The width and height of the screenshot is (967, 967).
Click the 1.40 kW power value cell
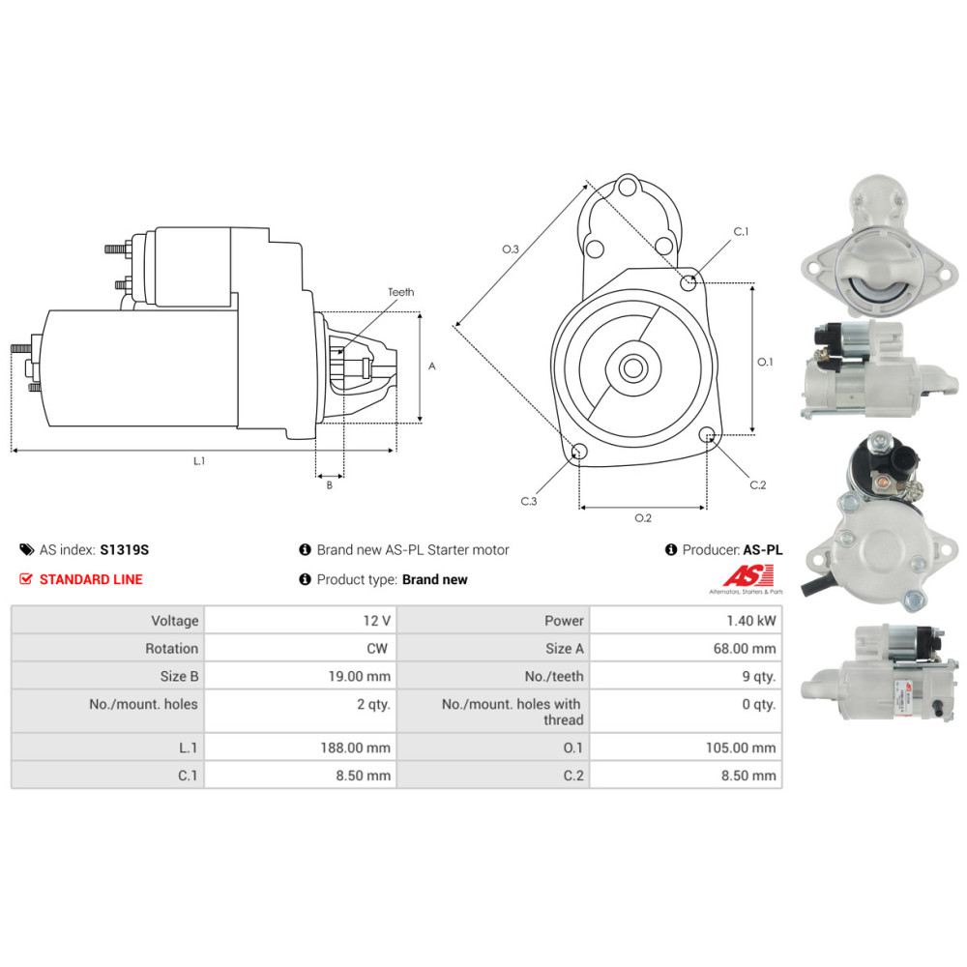(750, 621)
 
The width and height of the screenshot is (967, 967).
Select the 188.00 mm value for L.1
(355, 747)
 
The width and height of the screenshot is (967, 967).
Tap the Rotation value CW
(377, 648)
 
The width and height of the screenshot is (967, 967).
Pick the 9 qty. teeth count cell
(758, 677)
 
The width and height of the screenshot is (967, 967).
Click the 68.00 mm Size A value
(745, 648)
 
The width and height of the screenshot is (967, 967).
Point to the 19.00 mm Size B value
(359, 677)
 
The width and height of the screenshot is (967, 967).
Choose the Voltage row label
(175, 621)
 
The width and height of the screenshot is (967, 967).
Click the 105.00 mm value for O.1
(741, 747)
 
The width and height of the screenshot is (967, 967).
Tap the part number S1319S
(125, 549)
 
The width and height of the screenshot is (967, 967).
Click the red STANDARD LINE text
(91, 579)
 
